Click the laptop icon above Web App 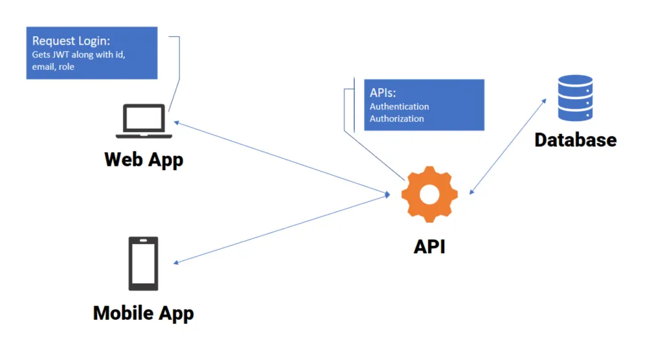pos(144,122)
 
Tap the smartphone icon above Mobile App pos(143,263)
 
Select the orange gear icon pos(429,194)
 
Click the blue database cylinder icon pos(575,98)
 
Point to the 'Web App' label pos(144,159)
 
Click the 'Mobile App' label pos(143,313)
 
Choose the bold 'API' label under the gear pos(429,247)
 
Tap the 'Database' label pos(575,139)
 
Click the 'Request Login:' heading pos(71,41)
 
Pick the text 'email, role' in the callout pos(54,66)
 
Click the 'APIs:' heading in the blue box pos(383,93)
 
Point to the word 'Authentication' pos(399,106)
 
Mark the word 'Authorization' pos(396,118)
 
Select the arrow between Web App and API pos(278,157)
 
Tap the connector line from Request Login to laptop pos(179,71)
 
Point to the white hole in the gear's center pos(429,194)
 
